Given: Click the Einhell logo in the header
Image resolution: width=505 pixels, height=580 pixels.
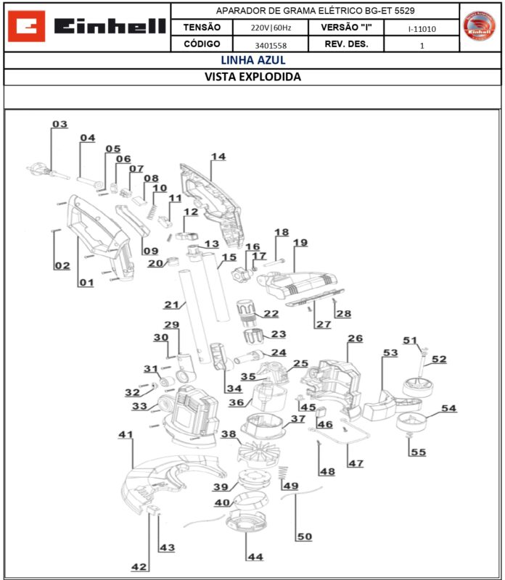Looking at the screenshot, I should pyautogui.click(x=87, y=28).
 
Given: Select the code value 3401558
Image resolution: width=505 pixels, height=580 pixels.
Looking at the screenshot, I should pyautogui.click(x=271, y=45).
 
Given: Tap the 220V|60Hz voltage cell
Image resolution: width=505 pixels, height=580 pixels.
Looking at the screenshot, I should pyautogui.click(x=271, y=28).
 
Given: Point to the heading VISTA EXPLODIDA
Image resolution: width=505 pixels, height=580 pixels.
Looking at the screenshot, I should pyautogui.click(x=252, y=77).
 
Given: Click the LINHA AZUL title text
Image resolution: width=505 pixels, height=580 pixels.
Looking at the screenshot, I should pyautogui.click(x=252, y=60).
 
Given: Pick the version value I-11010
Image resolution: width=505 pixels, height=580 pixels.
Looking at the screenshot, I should pyautogui.click(x=422, y=28).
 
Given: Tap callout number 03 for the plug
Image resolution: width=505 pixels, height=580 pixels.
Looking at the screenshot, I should pyautogui.click(x=59, y=124).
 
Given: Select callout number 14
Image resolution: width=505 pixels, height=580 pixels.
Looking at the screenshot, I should pyautogui.click(x=218, y=157).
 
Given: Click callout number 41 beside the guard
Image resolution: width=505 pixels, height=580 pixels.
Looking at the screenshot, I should pyautogui.click(x=126, y=434).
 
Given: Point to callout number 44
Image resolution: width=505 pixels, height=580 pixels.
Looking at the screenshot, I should pyautogui.click(x=255, y=557).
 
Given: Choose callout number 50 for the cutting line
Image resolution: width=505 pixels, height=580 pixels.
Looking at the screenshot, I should pyautogui.click(x=303, y=536).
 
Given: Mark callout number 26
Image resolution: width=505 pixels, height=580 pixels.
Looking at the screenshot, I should pyautogui.click(x=355, y=339).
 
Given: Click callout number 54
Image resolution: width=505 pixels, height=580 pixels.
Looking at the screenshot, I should pyautogui.click(x=449, y=409).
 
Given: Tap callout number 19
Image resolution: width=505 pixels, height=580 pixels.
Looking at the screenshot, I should pyautogui.click(x=300, y=242).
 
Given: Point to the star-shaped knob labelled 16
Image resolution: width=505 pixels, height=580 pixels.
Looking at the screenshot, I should pyautogui.click(x=238, y=276).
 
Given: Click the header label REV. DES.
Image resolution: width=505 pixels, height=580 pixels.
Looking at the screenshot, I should pyautogui.click(x=347, y=45).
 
